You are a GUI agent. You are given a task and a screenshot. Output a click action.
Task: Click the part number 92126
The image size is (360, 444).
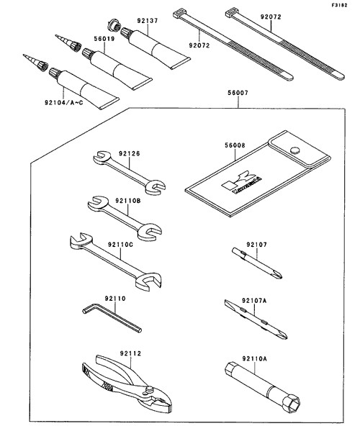(130, 153)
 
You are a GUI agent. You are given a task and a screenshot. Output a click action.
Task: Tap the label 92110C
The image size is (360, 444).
(120, 244)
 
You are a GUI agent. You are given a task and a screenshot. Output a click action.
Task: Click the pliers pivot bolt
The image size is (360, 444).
(148, 390)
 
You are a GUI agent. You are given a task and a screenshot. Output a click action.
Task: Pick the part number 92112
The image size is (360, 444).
(130, 353)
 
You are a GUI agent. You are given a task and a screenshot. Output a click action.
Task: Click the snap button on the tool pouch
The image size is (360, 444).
(295, 150)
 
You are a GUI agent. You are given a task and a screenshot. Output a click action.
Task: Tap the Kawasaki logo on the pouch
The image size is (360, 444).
(242, 183)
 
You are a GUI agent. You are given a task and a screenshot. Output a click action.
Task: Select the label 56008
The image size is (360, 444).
(235, 145)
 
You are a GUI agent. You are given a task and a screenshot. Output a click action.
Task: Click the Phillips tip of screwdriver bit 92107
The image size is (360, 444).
(277, 274)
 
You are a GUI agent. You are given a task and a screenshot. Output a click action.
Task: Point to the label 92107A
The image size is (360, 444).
(254, 300)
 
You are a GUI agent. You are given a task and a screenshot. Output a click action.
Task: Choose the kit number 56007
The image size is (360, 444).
(238, 93)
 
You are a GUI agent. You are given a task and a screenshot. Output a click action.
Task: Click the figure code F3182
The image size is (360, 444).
(340, 5)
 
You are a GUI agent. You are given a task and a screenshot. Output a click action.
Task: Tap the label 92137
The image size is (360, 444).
(148, 21)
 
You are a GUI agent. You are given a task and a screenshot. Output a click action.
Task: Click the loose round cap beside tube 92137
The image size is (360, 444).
(114, 25)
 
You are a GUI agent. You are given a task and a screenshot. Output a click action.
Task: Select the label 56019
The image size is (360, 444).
(104, 39)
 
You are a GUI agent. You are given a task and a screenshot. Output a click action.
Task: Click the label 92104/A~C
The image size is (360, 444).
(64, 102)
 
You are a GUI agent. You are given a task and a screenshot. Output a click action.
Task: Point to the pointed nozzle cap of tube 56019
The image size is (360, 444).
(68, 42)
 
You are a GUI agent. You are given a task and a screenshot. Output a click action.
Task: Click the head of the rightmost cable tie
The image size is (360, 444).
(231, 13)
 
